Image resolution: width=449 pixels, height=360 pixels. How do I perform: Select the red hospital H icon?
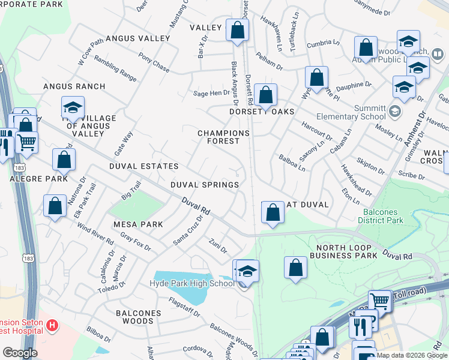tap(53, 326)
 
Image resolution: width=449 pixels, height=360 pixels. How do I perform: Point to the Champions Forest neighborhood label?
tap(223, 137)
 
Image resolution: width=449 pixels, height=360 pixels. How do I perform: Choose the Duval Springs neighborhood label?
tap(205, 185)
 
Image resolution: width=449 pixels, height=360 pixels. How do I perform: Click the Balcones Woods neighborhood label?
tap(138, 317)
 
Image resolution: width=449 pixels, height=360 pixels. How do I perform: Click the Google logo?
tap(20, 353)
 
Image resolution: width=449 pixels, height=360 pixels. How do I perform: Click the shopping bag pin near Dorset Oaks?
tap(265, 95)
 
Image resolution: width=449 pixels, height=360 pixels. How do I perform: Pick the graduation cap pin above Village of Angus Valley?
tap(73, 108)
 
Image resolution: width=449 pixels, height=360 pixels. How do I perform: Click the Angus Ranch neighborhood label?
tap(74, 86)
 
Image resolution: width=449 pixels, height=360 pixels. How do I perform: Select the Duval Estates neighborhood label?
tap(143, 166)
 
